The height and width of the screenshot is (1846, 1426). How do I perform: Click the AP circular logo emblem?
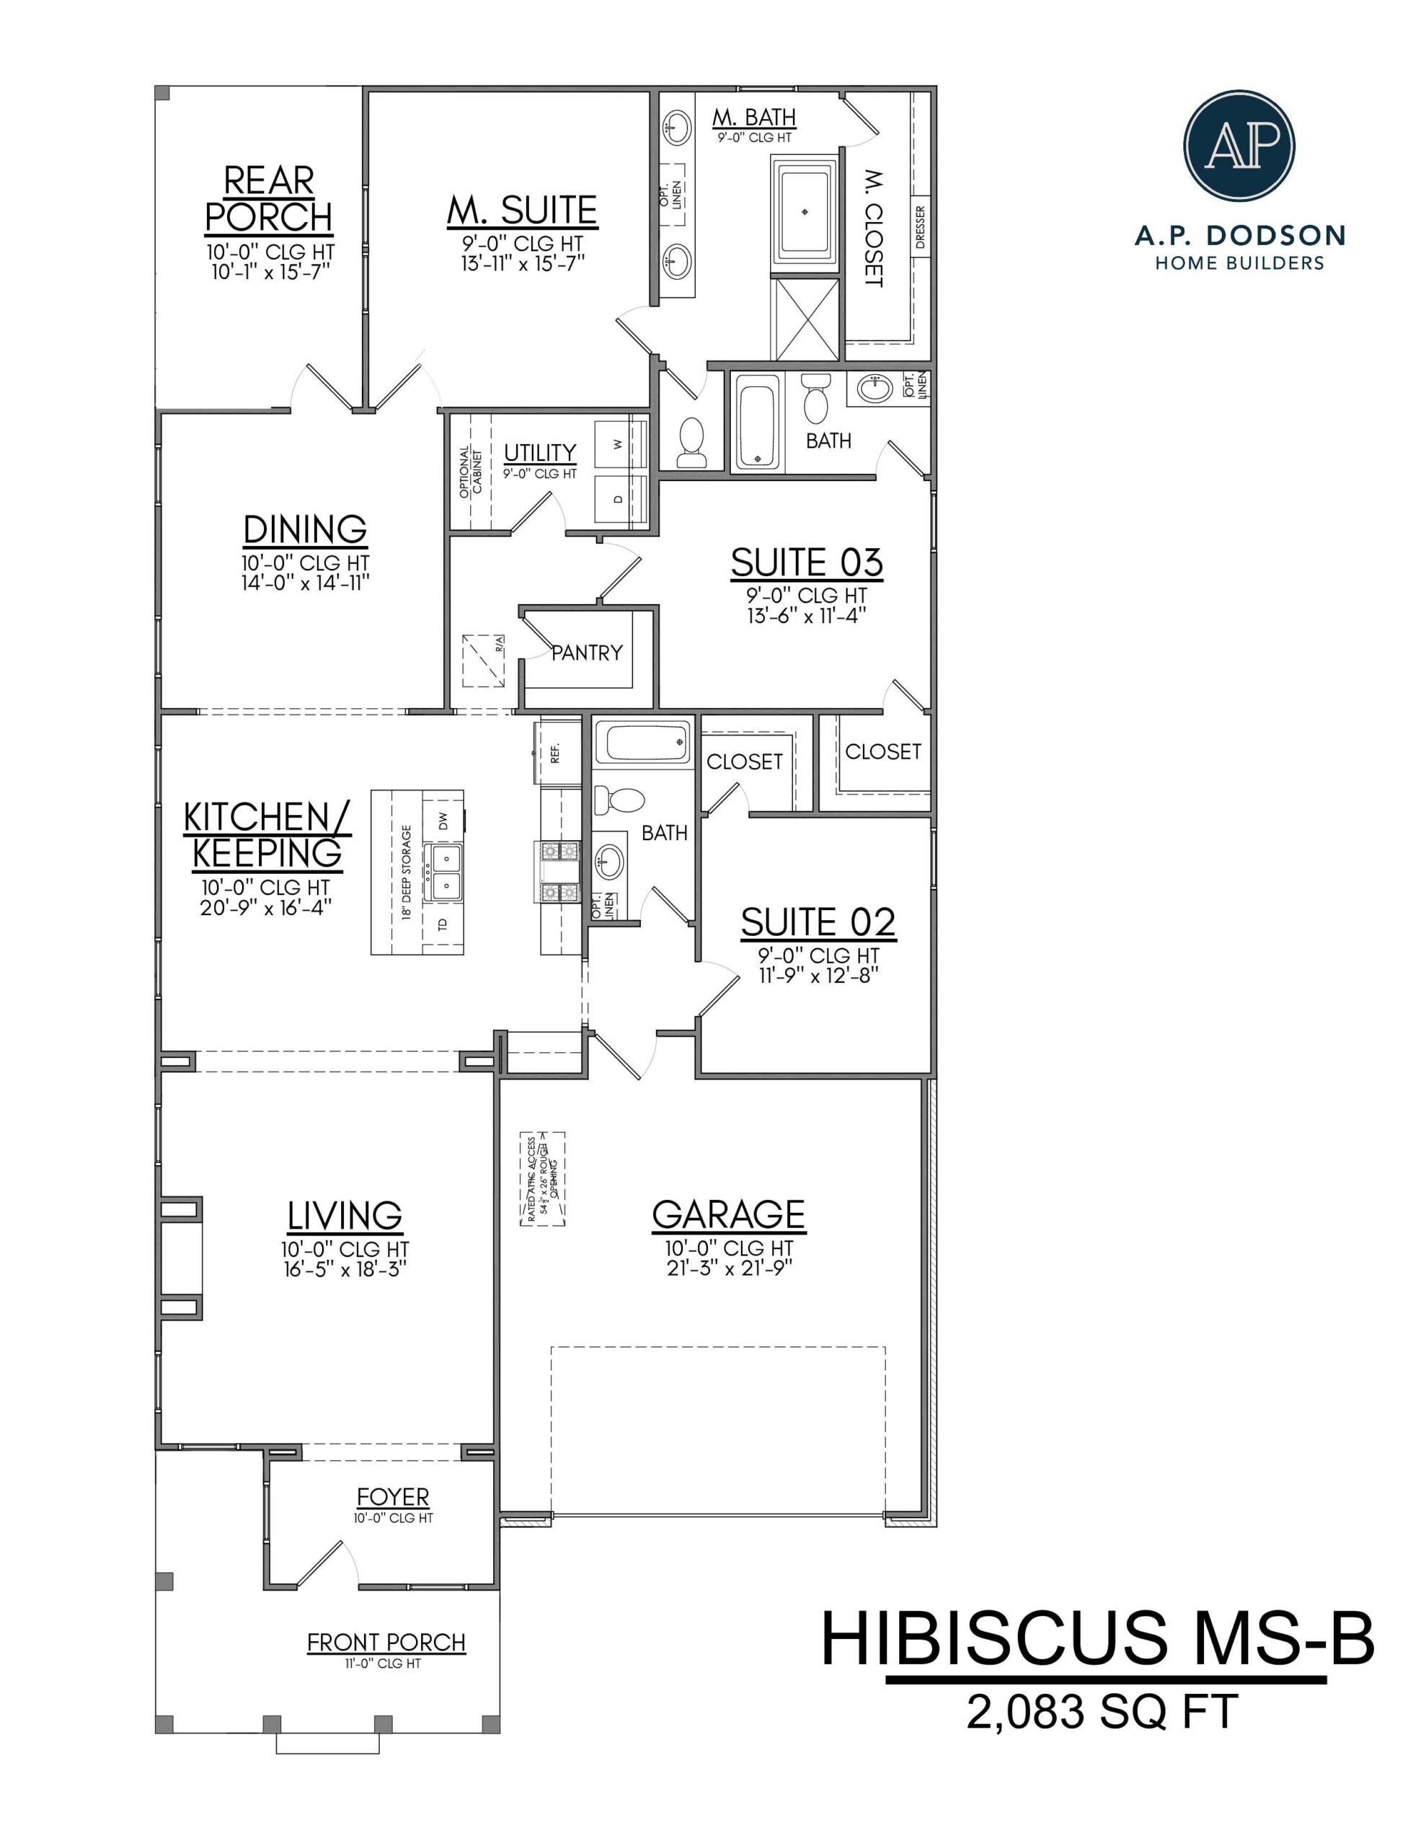[1239, 146]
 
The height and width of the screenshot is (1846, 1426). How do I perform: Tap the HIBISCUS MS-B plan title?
[1097, 1640]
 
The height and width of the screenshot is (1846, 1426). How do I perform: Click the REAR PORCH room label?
[269, 200]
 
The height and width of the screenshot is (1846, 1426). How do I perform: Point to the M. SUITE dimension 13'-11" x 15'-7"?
[523, 264]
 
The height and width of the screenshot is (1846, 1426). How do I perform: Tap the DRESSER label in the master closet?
[921, 226]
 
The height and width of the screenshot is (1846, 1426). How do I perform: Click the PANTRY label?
[587, 653]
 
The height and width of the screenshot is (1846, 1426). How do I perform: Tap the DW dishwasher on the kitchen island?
[443, 819]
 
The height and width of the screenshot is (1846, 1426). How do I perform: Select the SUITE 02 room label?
[818, 922]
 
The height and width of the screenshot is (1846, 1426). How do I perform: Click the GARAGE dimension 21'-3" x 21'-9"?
[729, 1268]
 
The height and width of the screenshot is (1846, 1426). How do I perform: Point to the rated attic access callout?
[542, 1178]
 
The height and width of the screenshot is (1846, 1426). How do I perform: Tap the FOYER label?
[392, 1497]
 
